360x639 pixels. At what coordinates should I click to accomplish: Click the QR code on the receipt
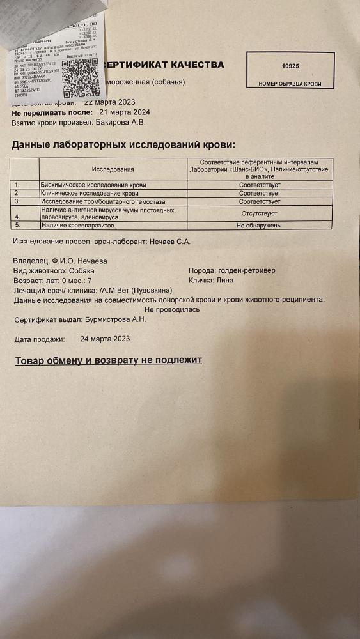pyautogui.click(x=81, y=77)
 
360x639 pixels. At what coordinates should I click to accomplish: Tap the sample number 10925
pyautogui.click(x=290, y=66)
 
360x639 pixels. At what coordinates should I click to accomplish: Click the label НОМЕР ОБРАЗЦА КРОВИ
pyautogui.click(x=290, y=84)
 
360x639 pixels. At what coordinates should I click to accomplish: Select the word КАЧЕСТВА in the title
pyautogui.click(x=194, y=65)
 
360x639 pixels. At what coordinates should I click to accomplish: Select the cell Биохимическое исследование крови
pyautogui.click(x=93, y=185)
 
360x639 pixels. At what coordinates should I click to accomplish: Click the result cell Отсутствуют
pyautogui.click(x=259, y=213)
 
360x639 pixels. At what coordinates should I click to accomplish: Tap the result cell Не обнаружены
pyautogui.click(x=259, y=225)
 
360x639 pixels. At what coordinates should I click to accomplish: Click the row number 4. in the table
pyautogui.click(x=18, y=217)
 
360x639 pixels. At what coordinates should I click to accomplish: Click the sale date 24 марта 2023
pyautogui.click(x=106, y=339)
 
